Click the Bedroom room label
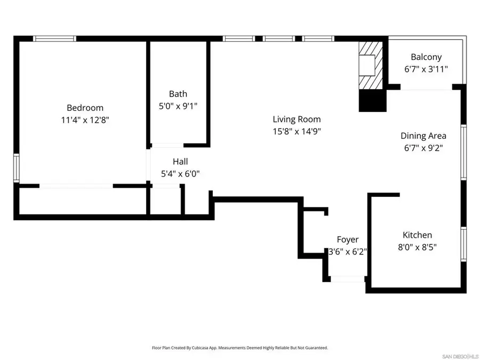tap(85, 108)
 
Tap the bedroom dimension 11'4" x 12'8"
tap(85, 120)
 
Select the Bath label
tap(178, 94)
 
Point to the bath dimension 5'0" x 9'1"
tap(178, 106)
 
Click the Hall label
tap(180, 162)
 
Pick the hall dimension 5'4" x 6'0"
tap(180, 174)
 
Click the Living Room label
tap(297, 119)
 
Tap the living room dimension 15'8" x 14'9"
tap(297, 131)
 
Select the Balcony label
tap(426, 57)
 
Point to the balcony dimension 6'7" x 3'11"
tap(426, 69)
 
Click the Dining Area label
tap(423, 136)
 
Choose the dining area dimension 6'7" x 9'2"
tap(423, 148)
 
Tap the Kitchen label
tap(417, 235)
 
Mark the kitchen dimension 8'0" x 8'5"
tap(417, 247)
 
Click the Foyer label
tap(347, 240)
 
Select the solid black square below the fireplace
tap(372, 101)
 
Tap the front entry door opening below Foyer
tap(347, 279)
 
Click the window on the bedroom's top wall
tap(55, 38)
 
